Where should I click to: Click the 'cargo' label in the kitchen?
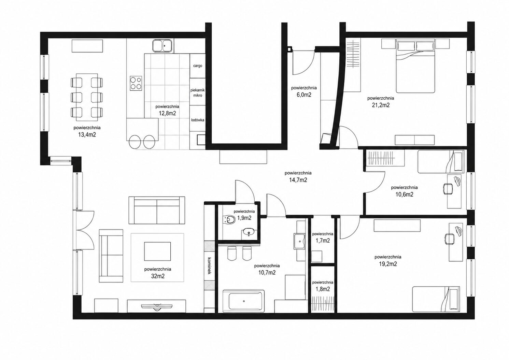click(198, 66)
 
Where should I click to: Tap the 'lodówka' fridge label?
click(198, 120)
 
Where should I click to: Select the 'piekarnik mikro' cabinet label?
click(198, 93)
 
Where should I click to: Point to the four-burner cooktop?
click(136, 83)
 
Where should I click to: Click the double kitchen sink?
click(162, 45)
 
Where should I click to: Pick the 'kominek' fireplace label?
click(209, 266)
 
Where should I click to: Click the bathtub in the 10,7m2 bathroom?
click(244, 301)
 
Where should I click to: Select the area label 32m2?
click(158, 276)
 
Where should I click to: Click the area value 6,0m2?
click(304, 95)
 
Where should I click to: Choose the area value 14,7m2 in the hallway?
click(298, 180)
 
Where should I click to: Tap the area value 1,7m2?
click(323, 241)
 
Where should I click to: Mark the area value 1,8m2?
click(323, 289)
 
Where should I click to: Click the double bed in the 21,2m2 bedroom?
click(415, 66)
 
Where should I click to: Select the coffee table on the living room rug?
click(157, 251)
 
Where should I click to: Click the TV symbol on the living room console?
click(157, 307)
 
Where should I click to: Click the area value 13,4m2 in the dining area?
click(87, 135)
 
